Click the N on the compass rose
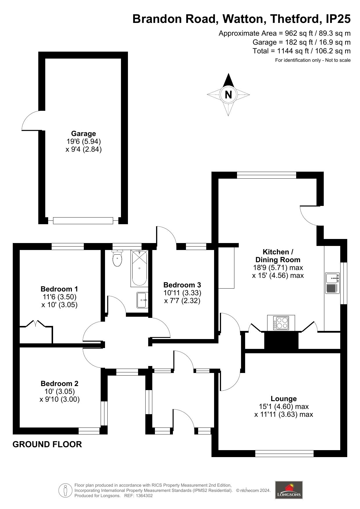click(x=228, y=95)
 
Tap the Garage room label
click(x=84, y=134)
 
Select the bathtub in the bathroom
click(x=139, y=268)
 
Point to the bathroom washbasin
click(x=142, y=300)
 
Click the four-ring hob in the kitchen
click(x=281, y=323)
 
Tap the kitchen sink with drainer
click(x=332, y=283)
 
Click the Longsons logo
click(x=289, y=490)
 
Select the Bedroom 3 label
click(x=182, y=285)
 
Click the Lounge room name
click(x=284, y=399)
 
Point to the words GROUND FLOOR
click(x=47, y=445)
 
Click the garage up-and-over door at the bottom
click(x=83, y=221)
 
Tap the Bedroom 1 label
click(x=59, y=289)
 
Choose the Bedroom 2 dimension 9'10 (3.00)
click(x=59, y=399)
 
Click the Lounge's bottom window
click(x=284, y=453)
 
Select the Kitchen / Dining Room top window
click(x=267, y=175)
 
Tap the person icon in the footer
click(x=66, y=490)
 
